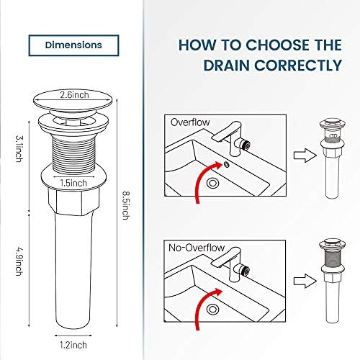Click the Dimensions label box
pyautogui.click(x=72, y=45)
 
